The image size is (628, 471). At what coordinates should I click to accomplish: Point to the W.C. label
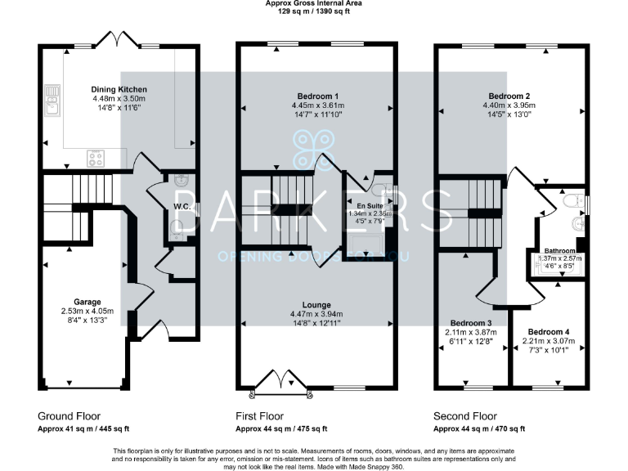coord(182,207)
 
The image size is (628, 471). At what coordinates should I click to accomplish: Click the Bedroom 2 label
coord(510,95)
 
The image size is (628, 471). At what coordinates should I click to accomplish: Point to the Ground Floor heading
coord(70,415)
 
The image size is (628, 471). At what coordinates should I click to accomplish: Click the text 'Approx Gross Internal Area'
coord(314,3)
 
